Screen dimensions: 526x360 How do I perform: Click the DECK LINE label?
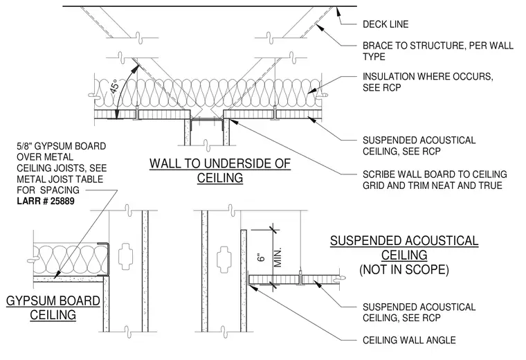tap(386, 24)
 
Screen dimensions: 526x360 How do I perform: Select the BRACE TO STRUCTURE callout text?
tap(438, 51)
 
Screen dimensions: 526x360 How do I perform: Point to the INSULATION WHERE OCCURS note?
tap(428, 82)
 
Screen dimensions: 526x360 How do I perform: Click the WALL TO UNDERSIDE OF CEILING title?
tap(220, 170)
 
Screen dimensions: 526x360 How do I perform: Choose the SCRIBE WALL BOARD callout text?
tap(435, 180)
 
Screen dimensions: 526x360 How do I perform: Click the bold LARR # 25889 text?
tap(46, 201)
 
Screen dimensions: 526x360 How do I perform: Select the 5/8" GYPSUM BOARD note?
tap(62, 168)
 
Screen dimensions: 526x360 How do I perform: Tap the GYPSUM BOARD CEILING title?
tap(53, 307)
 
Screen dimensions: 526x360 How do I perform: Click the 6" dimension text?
tap(262, 258)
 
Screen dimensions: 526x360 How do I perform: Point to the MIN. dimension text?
tap(278, 258)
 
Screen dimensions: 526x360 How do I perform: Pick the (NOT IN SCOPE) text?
tap(404, 269)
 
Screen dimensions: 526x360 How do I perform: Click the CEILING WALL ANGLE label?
tap(409, 340)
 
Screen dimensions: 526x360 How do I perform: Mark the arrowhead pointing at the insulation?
tap(311, 91)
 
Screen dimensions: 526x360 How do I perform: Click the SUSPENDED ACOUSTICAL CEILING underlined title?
tap(404, 249)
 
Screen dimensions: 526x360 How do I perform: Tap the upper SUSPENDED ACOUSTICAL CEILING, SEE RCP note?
tap(419, 145)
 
